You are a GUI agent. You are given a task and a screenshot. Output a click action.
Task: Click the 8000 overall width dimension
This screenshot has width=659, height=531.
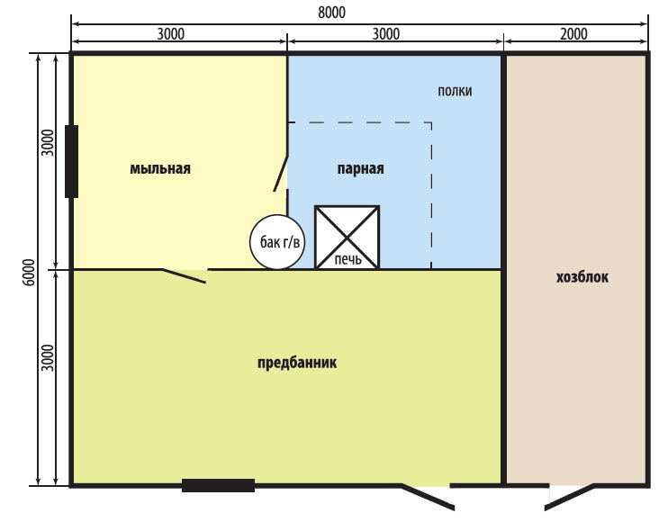point(331,13)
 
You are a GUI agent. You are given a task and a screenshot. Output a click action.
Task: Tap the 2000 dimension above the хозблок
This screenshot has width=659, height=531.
point(573,33)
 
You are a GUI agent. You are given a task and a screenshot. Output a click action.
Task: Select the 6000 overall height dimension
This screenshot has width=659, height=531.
point(29,273)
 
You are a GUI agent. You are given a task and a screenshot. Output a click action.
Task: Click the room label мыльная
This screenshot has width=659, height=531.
point(160,168)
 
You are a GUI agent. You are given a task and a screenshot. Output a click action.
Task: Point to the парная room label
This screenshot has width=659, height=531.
point(361,168)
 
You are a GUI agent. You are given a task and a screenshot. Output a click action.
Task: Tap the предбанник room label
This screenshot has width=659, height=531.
point(297,362)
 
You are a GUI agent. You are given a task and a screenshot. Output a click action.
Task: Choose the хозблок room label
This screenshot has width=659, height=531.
point(582,277)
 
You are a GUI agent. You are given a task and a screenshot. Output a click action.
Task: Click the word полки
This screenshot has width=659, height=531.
point(455,91)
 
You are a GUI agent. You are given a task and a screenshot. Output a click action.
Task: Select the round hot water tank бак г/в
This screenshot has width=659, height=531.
point(277,242)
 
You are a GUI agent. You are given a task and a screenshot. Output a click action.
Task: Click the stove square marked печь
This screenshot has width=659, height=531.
point(348,238)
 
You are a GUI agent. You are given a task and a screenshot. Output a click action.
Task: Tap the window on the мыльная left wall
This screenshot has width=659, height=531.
point(71,161)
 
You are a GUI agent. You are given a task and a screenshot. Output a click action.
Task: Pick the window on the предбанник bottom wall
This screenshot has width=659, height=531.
point(218,485)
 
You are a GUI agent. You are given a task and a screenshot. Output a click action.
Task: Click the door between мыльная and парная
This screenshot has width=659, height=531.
point(281,174)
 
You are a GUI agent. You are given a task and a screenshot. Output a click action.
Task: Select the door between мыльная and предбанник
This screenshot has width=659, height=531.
point(184,276)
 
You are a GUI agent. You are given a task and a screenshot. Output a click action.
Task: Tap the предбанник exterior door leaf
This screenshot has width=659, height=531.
point(428,498)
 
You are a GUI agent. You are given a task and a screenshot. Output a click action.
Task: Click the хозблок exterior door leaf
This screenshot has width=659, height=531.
point(569,498)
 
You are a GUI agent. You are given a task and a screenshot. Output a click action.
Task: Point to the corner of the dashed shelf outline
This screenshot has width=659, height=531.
point(431,122)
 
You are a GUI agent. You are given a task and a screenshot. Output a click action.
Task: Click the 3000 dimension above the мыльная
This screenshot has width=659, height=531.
point(171,33)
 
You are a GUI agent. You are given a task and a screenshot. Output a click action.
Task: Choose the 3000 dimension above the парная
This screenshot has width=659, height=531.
point(386,33)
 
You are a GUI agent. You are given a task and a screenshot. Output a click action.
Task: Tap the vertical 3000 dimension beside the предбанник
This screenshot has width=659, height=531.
point(49,358)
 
